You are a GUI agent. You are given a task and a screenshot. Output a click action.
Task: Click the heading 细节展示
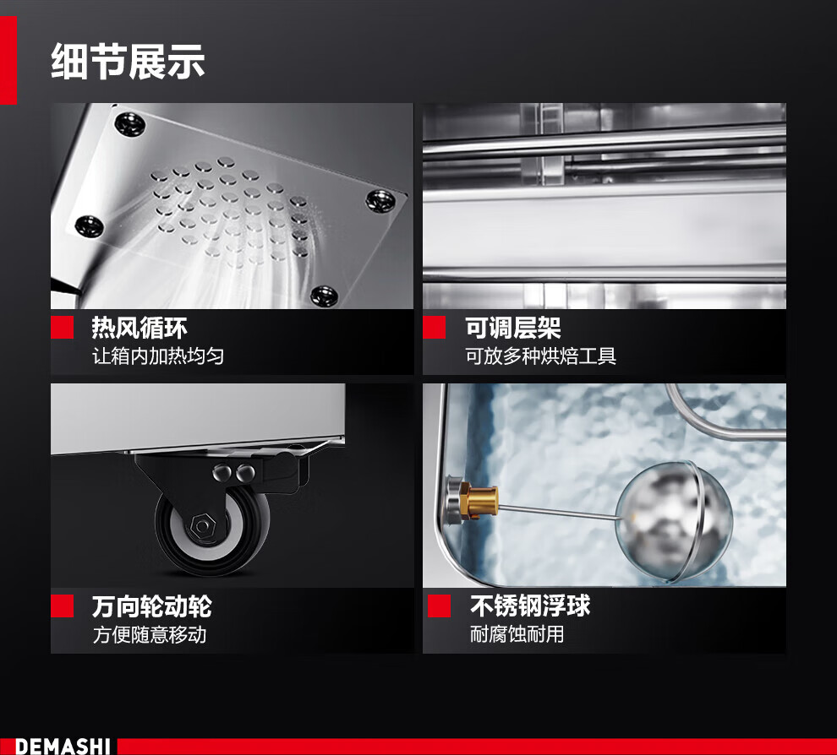pos(128,62)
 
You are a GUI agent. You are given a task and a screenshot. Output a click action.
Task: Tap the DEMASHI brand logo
pos(63,746)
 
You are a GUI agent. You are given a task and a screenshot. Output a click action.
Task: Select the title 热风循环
pos(139,328)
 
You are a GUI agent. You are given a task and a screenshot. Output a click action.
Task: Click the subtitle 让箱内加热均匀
pos(158,356)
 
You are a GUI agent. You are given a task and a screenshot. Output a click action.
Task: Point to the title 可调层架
pos(513,328)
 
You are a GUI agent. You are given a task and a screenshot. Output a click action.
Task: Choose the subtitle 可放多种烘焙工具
pos(541,356)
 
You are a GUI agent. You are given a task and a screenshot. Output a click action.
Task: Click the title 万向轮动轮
pos(152,606)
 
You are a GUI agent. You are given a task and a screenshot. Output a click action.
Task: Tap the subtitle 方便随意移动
pos(150,634)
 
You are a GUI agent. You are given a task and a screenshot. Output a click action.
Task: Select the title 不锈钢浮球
pos(530,606)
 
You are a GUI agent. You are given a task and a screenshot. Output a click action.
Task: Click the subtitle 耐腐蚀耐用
pos(517,634)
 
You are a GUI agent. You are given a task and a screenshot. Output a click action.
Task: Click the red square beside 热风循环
pos(62,328)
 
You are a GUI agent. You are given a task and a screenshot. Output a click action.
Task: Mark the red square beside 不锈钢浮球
pos(439,606)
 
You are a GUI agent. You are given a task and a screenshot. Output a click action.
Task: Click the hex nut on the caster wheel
pos(202,526)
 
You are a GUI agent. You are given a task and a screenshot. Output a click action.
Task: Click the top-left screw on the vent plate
pos(129,124)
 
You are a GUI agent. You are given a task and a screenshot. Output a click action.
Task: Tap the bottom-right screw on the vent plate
pos(324,295)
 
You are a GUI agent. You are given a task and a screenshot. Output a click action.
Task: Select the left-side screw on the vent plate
pos(89,225)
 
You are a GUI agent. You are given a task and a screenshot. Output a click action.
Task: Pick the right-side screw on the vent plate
pos(380,199)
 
